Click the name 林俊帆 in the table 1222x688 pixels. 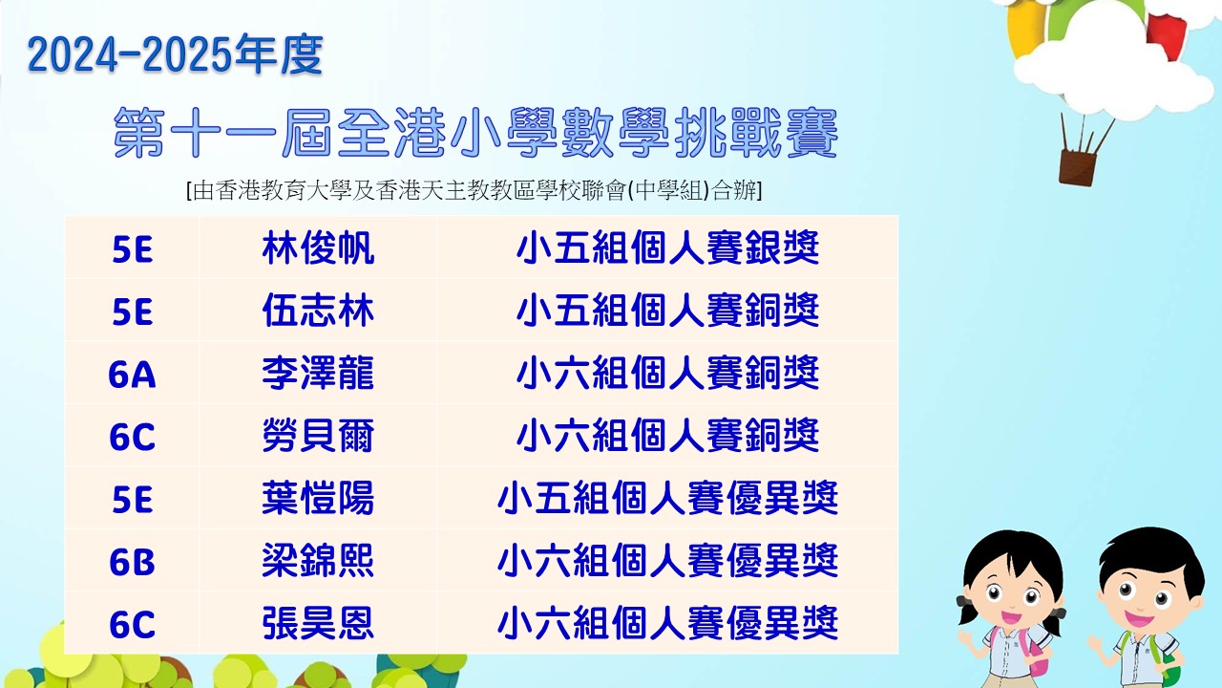[x=318, y=248]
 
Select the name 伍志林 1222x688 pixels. [x=318, y=311]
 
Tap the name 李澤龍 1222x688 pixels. [x=318, y=374]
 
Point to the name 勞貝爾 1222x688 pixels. [x=318, y=436]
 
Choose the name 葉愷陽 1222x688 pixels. [x=318, y=498]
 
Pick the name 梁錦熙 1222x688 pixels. [x=318, y=561]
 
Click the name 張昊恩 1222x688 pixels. [x=318, y=623]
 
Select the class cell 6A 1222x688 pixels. [x=132, y=375]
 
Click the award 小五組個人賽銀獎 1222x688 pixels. [x=667, y=248]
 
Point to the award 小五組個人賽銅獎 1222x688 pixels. [x=667, y=311]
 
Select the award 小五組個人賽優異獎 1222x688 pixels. [x=667, y=498]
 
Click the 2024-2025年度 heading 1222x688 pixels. [x=175, y=54]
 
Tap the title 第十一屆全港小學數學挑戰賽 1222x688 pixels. [x=475, y=133]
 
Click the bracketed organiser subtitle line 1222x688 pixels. [x=474, y=190]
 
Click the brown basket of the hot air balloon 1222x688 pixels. [x=1077, y=167]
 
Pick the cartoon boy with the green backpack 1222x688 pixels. [x=1146, y=607]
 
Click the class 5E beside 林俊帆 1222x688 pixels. [x=132, y=249]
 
